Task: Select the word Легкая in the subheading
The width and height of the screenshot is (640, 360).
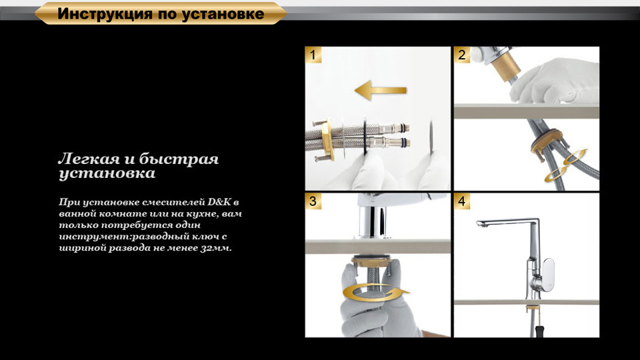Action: point(89,159)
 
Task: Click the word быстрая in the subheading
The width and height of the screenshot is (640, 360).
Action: point(179,159)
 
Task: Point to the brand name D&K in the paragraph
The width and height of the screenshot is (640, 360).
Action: point(219,201)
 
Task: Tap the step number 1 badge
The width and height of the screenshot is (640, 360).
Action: point(313,55)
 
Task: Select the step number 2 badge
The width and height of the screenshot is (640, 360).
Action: point(461,55)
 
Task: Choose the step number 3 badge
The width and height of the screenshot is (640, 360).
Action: point(313,201)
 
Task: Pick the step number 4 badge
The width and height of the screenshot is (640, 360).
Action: point(461,201)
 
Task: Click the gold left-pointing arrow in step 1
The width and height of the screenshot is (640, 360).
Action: point(381,90)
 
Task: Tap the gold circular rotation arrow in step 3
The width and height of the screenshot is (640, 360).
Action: point(375,293)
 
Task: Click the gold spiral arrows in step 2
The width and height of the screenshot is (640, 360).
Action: point(565,166)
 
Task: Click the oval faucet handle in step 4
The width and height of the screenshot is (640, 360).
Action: point(547,274)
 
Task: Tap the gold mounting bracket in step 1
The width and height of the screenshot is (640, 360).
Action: point(327,139)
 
